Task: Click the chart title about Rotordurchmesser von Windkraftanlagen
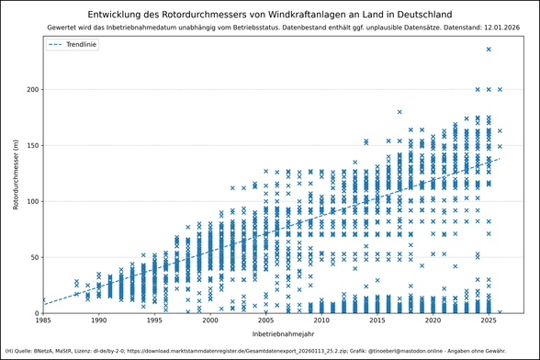[x=269, y=15]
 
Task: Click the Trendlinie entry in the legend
[x=84, y=44]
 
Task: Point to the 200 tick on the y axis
[x=31, y=89]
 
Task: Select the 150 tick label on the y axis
[x=31, y=145]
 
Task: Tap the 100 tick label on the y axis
[x=31, y=201]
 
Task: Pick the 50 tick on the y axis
[x=33, y=257]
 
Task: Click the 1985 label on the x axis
[x=43, y=321]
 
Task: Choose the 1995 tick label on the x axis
[x=154, y=321]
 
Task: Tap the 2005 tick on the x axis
[x=266, y=321]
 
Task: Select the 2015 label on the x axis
[x=377, y=321]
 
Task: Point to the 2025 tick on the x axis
[x=489, y=321]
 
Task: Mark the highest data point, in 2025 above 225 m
[x=489, y=50]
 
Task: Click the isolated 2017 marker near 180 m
[x=399, y=112]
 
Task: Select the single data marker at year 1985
[x=43, y=299]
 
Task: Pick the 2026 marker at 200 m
[x=500, y=89]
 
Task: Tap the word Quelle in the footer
[x=26, y=351]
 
